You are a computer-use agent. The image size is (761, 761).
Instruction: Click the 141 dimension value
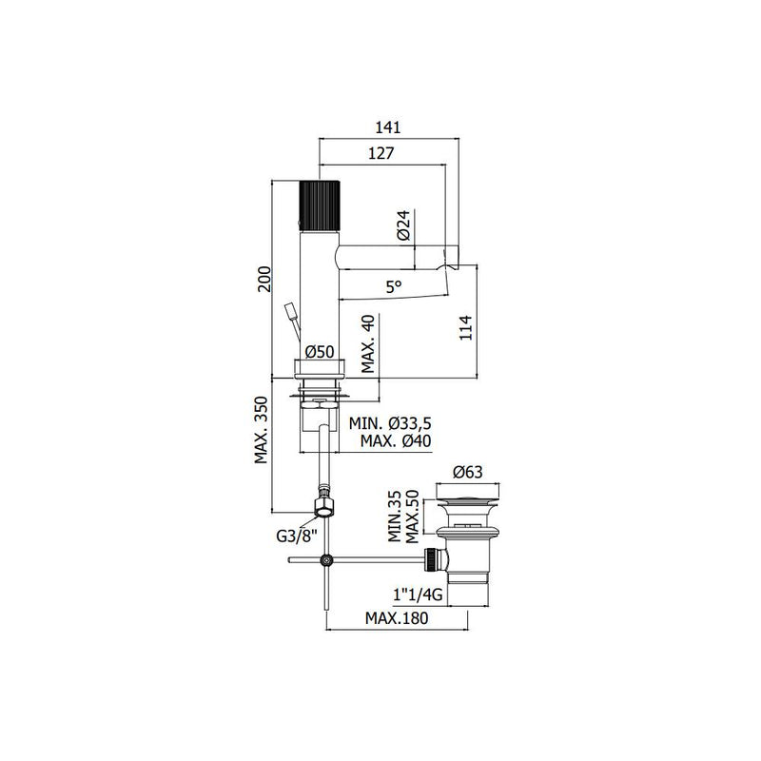388,127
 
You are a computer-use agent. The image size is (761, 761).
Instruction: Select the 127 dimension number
381,153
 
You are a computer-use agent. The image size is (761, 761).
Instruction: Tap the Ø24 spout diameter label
403,225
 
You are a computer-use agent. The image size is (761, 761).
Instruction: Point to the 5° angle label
394,287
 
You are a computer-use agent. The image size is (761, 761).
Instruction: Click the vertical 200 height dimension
264,279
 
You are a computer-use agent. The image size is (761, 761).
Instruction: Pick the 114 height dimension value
465,327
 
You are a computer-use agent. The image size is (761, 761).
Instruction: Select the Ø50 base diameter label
320,351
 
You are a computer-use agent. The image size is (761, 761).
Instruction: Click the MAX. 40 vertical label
369,343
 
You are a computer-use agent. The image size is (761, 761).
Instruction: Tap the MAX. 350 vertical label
261,430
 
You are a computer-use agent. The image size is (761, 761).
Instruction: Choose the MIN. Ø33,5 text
390,423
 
